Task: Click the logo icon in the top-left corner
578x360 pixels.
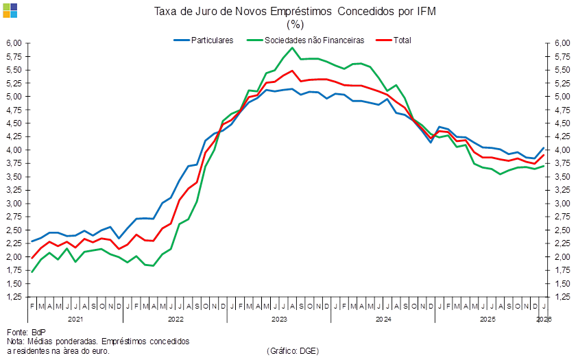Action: (10, 10)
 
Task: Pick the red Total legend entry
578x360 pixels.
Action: (401, 40)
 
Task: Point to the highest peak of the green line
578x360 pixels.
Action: (293, 47)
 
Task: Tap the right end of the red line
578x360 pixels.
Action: (544, 154)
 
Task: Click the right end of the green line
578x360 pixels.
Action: (544, 166)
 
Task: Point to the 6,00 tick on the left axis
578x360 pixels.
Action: (14, 43)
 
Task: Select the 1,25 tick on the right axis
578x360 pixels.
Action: (562, 297)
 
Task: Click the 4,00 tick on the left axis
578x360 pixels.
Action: (14, 149)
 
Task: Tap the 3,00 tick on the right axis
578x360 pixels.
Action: (562, 204)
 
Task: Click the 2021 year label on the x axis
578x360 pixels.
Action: (75, 319)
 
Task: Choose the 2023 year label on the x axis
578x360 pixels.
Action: (279, 319)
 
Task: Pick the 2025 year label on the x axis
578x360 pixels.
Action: (487, 319)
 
